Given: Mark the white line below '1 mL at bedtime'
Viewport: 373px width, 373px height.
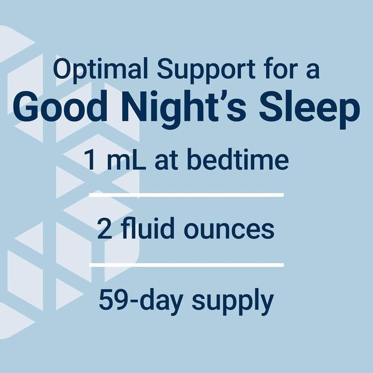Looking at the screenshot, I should click(186, 195).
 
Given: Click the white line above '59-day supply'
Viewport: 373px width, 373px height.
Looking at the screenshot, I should click(186, 265).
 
